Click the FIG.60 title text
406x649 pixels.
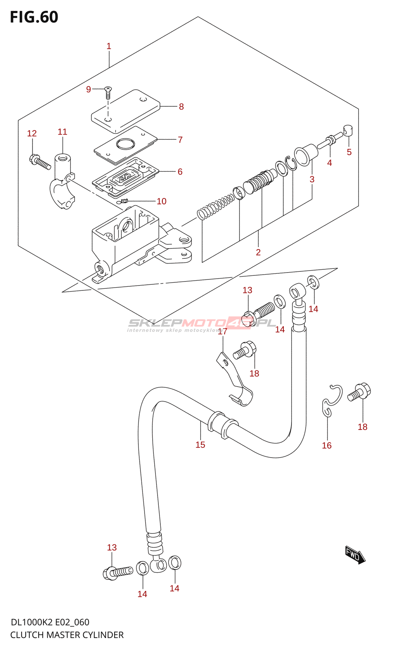34,17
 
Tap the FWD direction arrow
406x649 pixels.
355,554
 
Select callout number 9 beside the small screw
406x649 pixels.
89,89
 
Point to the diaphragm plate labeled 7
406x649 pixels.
125,145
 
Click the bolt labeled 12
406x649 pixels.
40,162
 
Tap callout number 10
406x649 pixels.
162,201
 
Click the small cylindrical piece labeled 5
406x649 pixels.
348,130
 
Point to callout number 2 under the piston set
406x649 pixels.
258,252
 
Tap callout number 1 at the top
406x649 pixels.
109,46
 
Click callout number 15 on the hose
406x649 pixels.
200,445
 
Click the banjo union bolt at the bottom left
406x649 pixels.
117,573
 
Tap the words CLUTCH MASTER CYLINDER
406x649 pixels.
67,635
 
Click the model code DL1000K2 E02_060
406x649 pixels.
50,622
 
